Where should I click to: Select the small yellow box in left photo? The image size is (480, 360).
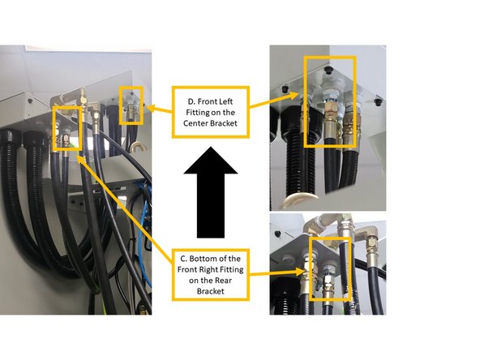tap(131, 105)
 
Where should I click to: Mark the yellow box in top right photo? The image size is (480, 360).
tap(329, 101)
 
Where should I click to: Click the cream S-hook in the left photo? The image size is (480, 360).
tap(138, 149)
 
